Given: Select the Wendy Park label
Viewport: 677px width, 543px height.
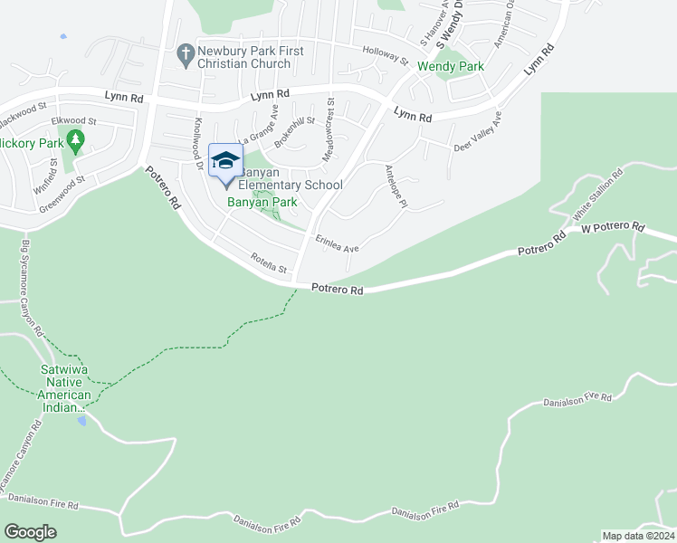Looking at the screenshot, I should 450,66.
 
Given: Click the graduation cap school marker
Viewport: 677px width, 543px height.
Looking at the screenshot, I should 224,162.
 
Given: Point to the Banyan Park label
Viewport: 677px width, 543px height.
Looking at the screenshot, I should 262,202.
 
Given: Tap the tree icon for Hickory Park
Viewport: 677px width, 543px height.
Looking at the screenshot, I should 76,140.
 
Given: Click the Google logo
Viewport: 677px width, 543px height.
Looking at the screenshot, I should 30,532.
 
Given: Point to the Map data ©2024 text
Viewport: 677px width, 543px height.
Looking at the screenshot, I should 637,536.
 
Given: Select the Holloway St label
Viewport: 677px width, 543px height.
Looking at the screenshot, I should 385,56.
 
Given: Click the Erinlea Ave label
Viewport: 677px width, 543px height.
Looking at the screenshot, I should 338,243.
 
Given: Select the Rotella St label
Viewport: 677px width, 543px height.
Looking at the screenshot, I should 269,265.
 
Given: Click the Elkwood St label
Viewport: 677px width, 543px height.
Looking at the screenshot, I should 74,120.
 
